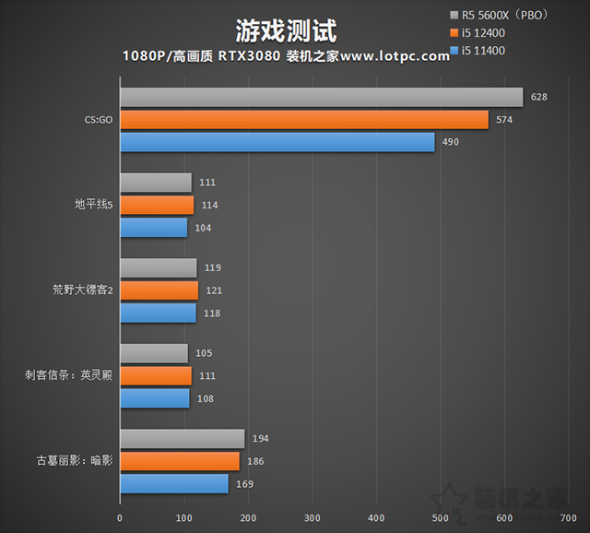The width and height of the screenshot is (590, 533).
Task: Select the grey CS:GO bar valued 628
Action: tap(321, 98)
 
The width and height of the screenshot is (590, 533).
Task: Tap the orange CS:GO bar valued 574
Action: tap(303, 120)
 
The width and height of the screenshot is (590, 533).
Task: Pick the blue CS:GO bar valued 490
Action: tap(277, 142)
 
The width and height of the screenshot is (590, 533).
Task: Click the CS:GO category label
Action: tap(98, 120)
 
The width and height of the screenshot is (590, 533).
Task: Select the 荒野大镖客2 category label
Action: tap(82, 290)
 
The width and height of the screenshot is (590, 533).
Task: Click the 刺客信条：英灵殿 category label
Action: tap(68, 375)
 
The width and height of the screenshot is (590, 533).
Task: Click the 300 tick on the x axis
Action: tap(313, 517)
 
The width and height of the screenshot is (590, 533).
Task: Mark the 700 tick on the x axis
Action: tap(569, 517)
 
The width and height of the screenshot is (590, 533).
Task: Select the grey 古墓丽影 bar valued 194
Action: tap(182, 439)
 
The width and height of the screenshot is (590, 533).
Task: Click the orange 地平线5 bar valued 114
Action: tap(157, 205)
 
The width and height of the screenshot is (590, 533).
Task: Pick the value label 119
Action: tap(213, 267)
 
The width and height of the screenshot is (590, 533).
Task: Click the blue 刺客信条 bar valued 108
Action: tap(155, 398)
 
